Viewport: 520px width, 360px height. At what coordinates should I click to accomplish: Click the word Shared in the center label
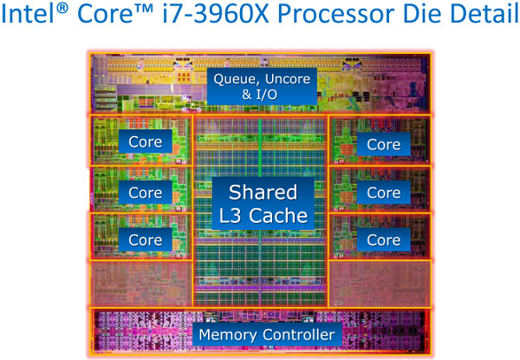[x=262, y=192]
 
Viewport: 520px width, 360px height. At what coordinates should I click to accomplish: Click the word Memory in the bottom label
[x=229, y=334]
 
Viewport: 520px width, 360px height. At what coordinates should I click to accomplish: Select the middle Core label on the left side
[x=145, y=192]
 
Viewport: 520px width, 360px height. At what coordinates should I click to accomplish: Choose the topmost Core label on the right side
[x=383, y=144]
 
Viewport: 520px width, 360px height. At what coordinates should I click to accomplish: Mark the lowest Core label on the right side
[x=383, y=239]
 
